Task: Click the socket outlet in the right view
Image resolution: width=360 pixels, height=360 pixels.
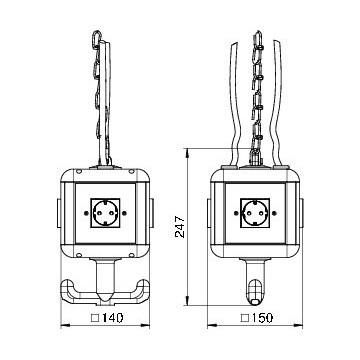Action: tap(256, 211)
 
